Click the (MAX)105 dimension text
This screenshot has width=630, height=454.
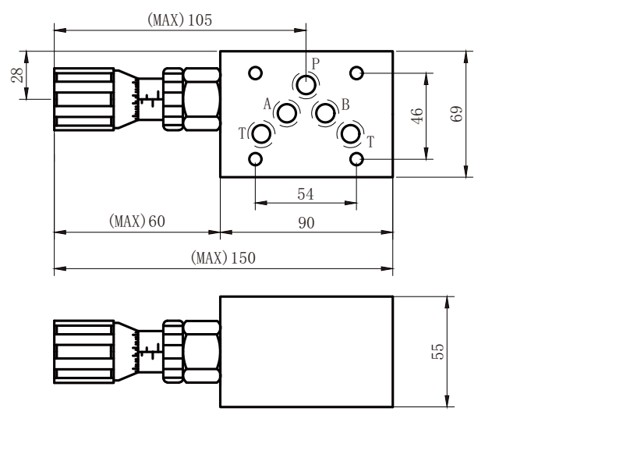[x=179, y=20]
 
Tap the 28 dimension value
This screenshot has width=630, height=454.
[x=17, y=75]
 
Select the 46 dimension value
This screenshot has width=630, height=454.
[x=417, y=115]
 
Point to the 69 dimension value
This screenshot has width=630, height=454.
[x=456, y=114]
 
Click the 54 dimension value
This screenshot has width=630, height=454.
[x=306, y=194]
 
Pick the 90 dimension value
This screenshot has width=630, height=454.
[x=306, y=223]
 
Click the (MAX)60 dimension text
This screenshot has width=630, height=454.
[x=137, y=222]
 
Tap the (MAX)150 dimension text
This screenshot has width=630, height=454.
[x=223, y=257]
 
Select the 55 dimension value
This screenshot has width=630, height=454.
[x=437, y=352]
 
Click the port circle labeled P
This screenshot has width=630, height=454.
[x=306, y=85]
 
